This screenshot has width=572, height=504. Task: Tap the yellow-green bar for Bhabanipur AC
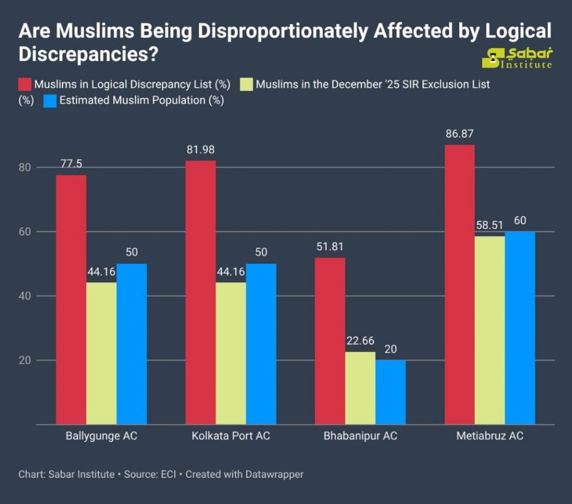pyautogui.click(x=360, y=388)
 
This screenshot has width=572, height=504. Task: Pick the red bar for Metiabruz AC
pyautogui.click(x=460, y=284)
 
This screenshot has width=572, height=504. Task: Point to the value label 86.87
pyautogui.click(x=460, y=135)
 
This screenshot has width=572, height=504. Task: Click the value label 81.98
pyautogui.click(x=201, y=150)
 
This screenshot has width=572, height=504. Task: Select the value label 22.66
pyautogui.click(x=360, y=341)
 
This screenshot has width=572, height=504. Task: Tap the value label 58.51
pyautogui.click(x=490, y=226)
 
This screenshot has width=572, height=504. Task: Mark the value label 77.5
pyautogui.click(x=71, y=165)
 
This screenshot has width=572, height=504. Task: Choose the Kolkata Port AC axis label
pyautogui.click(x=231, y=436)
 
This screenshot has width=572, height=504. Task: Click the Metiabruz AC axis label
pyautogui.click(x=490, y=436)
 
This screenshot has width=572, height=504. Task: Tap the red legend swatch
pyautogui.click(x=25, y=84)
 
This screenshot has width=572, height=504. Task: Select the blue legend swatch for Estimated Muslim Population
pyautogui.click(x=50, y=101)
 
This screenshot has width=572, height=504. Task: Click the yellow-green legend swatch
pyautogui.click(x=246, y=84)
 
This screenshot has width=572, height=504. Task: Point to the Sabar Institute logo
pyautogui.click(x=517, y=58)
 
